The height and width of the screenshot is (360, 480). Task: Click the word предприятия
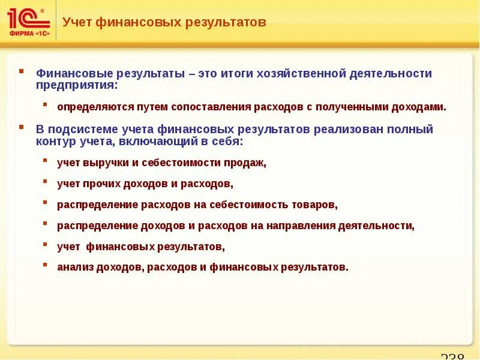click(76, 85)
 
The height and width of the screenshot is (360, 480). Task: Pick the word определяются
click(90, 107)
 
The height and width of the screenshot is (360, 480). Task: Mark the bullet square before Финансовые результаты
click(22, 71)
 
